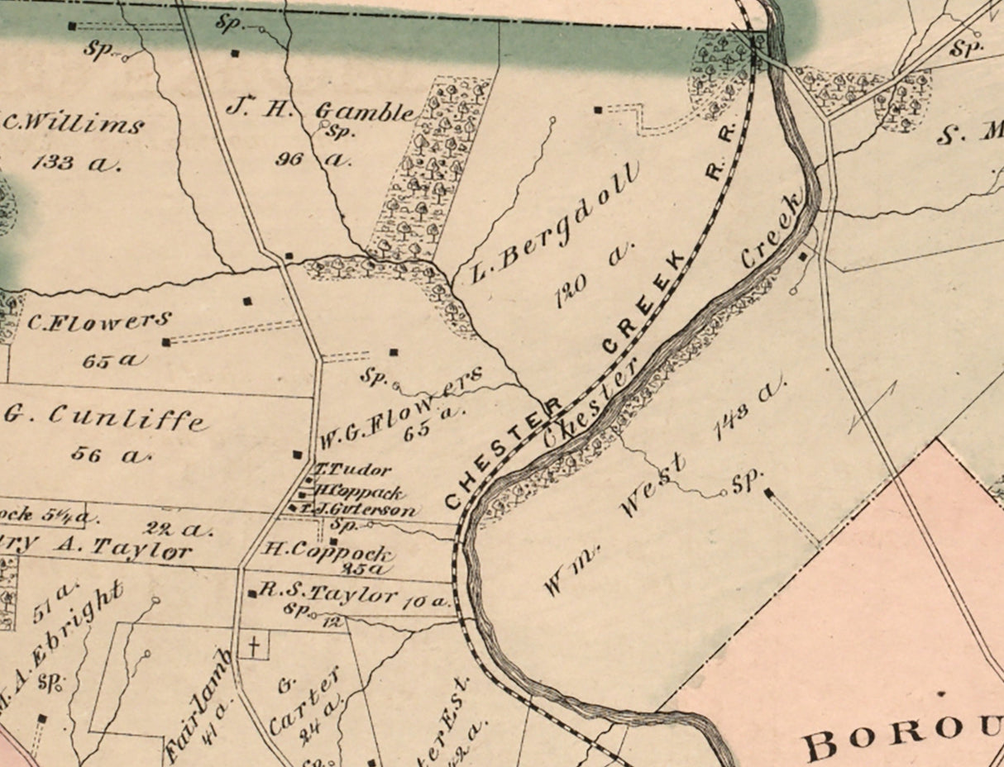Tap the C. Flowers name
99,321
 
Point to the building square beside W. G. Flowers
298,454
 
